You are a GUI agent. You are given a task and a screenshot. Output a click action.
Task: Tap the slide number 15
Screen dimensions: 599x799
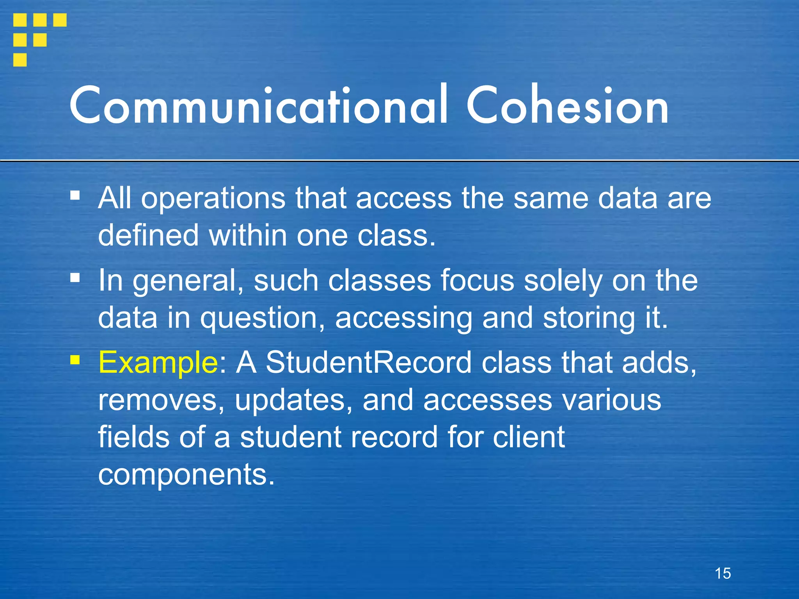723,573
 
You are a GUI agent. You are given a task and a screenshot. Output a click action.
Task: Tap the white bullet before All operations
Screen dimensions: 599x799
75,194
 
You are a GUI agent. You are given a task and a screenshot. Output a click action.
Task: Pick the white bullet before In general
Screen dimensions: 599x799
75,277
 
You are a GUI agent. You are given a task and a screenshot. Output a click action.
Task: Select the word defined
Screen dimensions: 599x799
148,236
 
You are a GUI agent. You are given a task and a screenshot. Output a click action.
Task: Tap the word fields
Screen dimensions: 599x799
134,437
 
